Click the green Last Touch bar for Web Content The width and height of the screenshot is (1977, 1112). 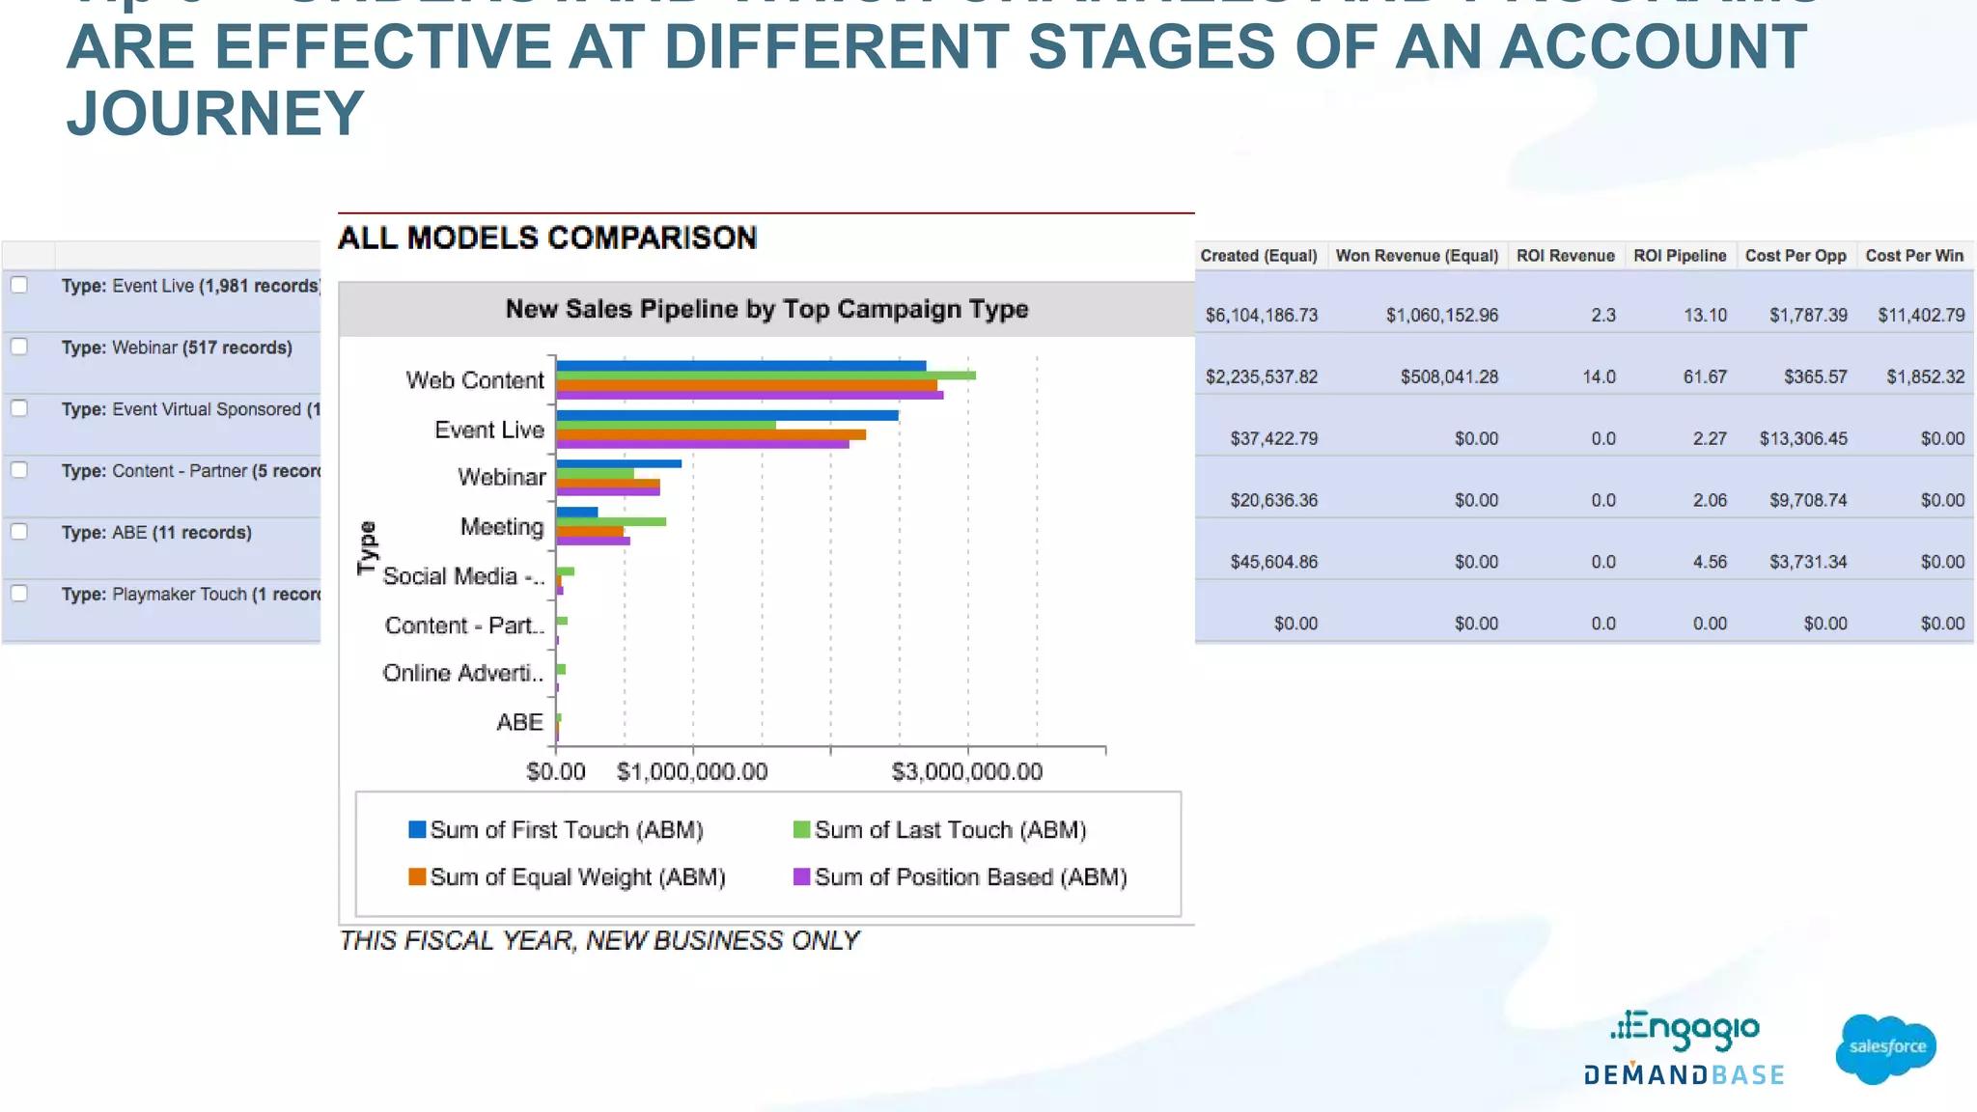(x=766, y=375)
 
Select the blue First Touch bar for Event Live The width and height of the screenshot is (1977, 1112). (x=727, y=415)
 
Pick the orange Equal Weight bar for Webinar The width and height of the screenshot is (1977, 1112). (x=608, y=484)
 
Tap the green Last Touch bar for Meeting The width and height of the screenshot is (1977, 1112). (x=611, y=522)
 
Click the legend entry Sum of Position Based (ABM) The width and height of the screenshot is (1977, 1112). (x=960, y=877)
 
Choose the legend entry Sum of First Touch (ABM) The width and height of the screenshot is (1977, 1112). (x=555, y=830)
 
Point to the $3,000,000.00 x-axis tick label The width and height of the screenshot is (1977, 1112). (x=966, y=772)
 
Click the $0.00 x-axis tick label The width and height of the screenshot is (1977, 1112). (x=555, y=772)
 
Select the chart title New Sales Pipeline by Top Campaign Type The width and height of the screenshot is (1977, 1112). (x=766, y=310)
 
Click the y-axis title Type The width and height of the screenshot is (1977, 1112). (x=367, y=547)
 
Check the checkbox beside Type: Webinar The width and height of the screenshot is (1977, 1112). (x=19, y=347)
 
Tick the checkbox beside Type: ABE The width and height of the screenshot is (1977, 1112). (x=19, y=532)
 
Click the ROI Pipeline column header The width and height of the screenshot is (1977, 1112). (x=1679, y=256)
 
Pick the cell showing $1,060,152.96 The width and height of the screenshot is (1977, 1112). (x=1441, y=316)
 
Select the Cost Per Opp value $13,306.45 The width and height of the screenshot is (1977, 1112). (x=1802, y=439)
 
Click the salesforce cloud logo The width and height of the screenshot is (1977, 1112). (x=1885, y=1048)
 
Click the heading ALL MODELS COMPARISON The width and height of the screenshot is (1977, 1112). (x=547, y=238)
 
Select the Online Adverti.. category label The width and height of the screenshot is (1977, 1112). (x=462, y=674)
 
